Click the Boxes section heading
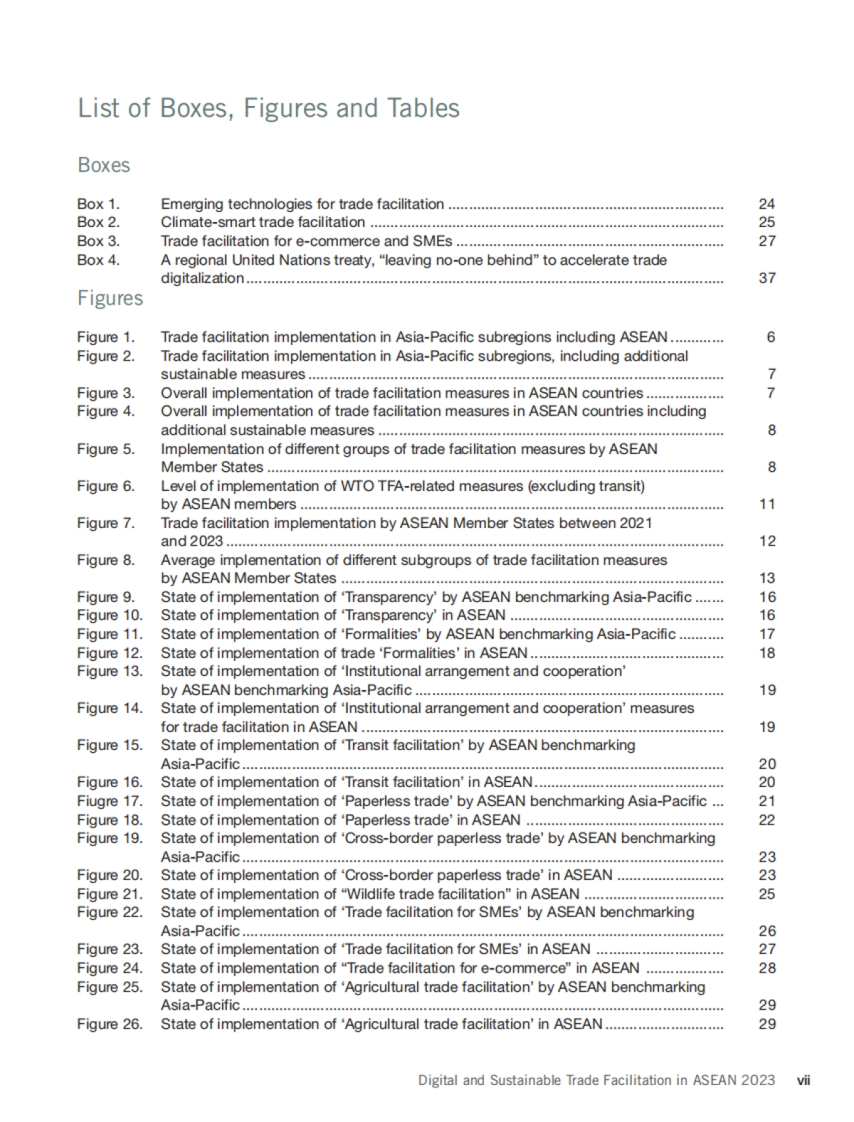104,165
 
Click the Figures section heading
110,298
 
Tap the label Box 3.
98,241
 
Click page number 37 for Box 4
766,278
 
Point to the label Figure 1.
105,337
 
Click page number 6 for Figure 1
771,337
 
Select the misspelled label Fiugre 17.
110,801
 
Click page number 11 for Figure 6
766,504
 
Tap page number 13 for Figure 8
766,578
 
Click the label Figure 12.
110,653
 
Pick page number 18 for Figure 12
766,653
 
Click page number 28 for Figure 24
766,968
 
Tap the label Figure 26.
110,1025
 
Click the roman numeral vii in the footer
803,1080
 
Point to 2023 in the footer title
757,1080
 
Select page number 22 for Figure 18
766,820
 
